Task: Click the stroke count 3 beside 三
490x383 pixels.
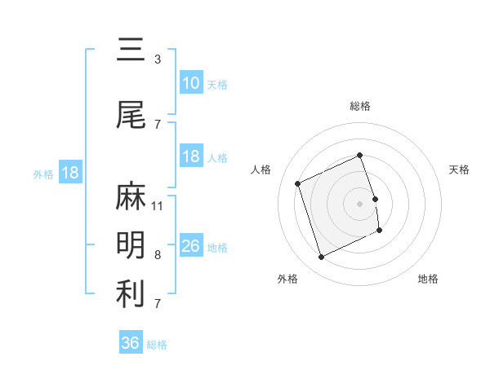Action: click(158, 59)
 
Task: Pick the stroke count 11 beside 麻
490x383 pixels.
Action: click(158, 205)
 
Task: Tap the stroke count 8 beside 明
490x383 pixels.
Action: click(158, 254)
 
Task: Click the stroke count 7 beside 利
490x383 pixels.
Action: click(158, 303)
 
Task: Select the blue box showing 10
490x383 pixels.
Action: click(191, 83)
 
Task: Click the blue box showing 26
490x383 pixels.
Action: click(191, 246)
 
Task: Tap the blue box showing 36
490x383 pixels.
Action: click(131, 343)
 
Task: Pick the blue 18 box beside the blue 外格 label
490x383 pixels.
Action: click(69, 173)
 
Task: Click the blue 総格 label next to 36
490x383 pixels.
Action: click(157, 345)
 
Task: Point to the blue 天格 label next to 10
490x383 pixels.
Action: click(217, 84)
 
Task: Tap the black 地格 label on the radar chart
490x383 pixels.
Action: click(428, 279)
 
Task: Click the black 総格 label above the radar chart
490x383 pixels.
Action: click(360, 106)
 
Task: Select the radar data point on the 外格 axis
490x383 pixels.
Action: click(322, 258)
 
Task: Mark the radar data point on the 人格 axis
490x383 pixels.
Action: click(298, 183)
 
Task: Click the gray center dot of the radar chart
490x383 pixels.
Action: click(360, 203)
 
